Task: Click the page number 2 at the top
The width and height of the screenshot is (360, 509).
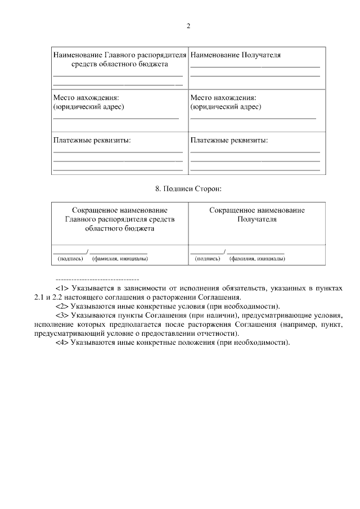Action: (x=189, y=26)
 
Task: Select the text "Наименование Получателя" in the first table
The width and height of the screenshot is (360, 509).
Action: (x=236, y=55)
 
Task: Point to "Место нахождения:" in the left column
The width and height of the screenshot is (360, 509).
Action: (x=82, y=97)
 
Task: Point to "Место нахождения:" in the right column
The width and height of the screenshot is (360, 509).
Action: (x=219, y=97)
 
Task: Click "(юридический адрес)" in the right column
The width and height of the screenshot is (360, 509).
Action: (x=226, y=106)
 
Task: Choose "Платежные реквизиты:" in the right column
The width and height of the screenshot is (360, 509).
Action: (x=229, y=140)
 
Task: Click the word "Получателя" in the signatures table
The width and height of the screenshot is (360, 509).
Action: (x=257, y=219)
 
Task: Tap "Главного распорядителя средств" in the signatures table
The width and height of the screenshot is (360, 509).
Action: (x=120, y=219)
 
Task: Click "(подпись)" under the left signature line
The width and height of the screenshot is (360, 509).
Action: (x=70, y=259)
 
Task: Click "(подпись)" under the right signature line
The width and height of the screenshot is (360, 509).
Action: (x=208, y=259)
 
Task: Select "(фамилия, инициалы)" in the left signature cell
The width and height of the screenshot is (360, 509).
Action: (x=120, y=259)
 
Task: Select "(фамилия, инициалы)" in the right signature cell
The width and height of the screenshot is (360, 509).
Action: (x=256, y=259)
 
